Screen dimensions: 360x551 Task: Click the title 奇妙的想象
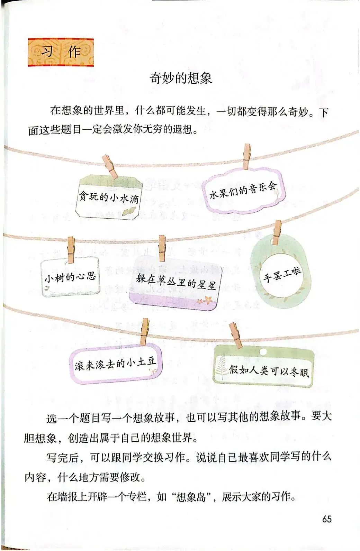pos(180,78)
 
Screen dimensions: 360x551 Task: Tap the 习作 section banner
pos(61,52)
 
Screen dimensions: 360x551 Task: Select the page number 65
pos(327,519)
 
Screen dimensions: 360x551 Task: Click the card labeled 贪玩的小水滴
pos(108,198)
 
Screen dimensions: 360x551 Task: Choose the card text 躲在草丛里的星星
pos(176,282)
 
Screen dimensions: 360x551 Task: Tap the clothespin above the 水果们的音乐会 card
pos(246,156)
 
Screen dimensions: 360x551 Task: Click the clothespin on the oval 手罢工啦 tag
pos(277,232)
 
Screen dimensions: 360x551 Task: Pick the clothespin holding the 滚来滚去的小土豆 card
pos(144,332)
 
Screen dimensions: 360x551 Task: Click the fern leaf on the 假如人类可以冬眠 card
pos(220,367)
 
